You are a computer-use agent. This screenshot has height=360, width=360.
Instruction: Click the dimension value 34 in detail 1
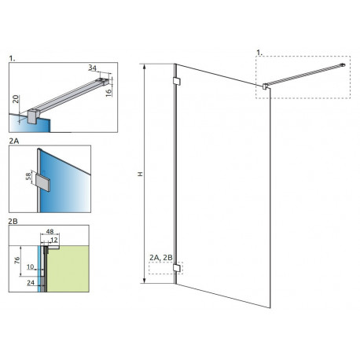coord(92,68)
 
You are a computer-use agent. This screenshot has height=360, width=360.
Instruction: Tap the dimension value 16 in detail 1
coord(108,93)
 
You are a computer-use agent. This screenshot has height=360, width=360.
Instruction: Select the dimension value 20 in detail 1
coord(16,99)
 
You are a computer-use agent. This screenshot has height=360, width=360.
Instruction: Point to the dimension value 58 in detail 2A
coord(28,176)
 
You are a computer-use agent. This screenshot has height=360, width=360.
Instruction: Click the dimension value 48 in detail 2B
coord(50,231)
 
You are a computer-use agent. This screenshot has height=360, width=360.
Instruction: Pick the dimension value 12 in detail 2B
coord(54,240)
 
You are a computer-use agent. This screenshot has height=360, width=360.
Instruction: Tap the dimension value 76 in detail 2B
coord(17,260)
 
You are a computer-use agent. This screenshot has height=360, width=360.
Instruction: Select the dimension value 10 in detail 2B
coord(31,266)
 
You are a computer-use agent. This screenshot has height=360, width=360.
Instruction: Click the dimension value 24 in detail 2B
coord(31,283)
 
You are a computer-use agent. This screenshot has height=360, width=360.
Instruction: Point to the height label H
coord(141,174)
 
